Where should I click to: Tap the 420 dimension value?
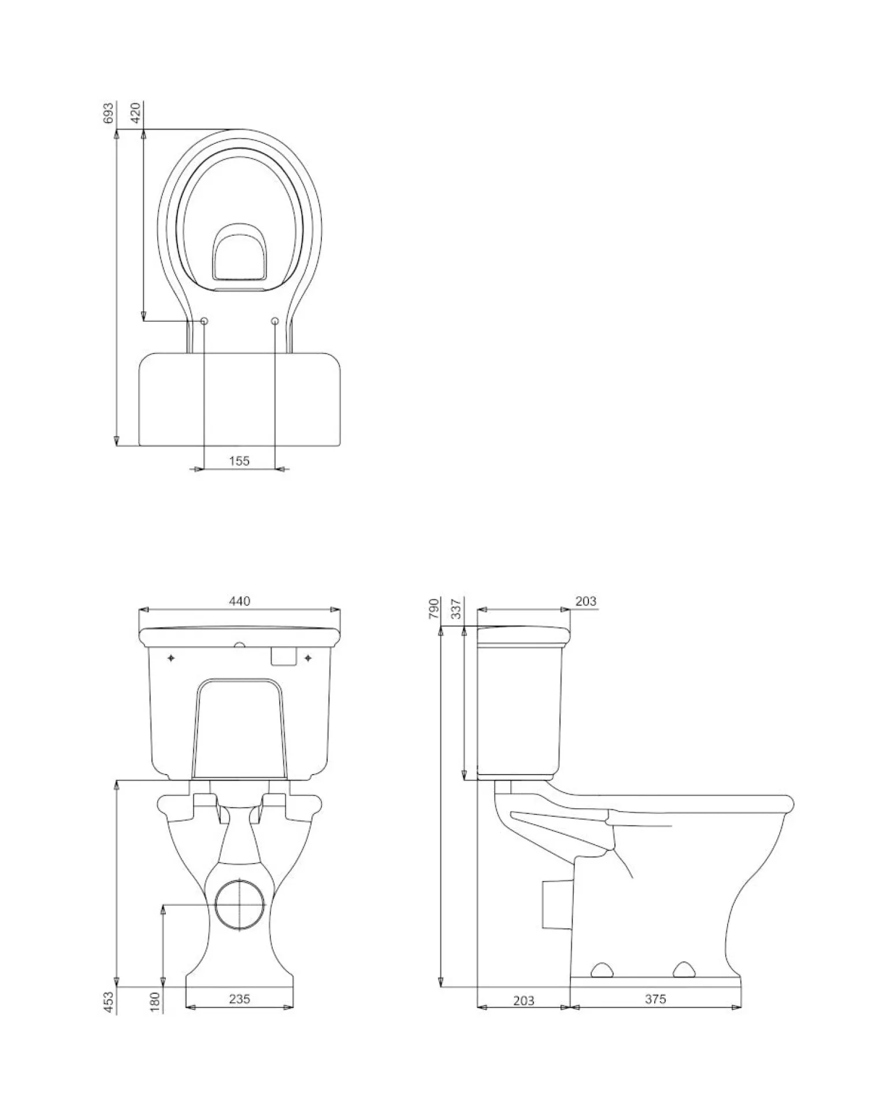(x=136, y=114)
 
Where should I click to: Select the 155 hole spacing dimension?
(x=239, y=460)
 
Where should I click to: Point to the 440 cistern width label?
(x=239, y=601)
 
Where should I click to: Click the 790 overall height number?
(x=434, y=609)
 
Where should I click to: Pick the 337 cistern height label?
(x=457, y=609)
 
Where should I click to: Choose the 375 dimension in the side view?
(x=655, y=999)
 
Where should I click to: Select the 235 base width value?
(x=239, y=998)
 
